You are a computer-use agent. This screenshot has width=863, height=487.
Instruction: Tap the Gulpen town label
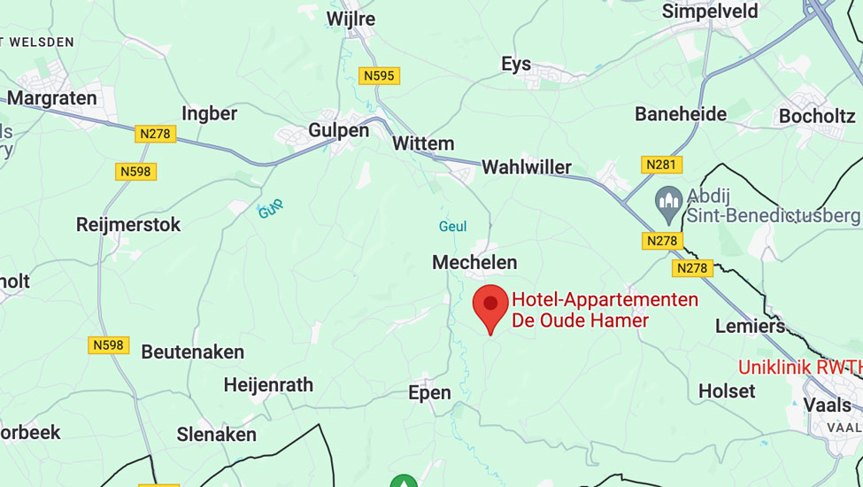338,130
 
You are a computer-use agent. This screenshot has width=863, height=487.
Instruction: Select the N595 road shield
379,76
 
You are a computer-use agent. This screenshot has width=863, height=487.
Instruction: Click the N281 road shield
661,165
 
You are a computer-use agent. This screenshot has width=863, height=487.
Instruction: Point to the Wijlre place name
351,19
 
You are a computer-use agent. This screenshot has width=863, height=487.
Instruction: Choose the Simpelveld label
710,12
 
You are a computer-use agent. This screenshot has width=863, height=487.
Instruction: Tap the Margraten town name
52,98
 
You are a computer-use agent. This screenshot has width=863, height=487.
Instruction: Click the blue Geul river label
452,227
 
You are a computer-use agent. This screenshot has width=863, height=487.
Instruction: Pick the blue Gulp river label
271,210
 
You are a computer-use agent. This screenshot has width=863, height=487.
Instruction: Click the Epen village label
429,392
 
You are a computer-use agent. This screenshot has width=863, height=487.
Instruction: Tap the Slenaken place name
216,434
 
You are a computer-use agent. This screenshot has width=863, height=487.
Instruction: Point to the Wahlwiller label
526,167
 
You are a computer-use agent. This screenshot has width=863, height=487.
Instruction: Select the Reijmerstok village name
128,225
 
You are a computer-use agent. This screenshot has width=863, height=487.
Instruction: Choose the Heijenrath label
268,385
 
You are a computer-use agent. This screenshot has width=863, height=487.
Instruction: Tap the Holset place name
727,390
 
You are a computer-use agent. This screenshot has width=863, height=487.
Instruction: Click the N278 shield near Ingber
156,134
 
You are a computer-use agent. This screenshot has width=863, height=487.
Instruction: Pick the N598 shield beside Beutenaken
109,345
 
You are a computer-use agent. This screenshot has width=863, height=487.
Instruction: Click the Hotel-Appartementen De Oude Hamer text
605,310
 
